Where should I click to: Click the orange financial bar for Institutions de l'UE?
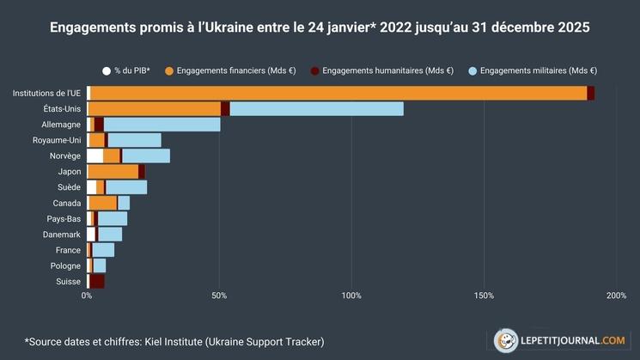tap(338, 93)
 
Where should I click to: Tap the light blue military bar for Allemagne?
tap(162, 125)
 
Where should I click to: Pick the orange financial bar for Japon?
tap(113, 172)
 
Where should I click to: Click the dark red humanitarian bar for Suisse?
tap(97, 281)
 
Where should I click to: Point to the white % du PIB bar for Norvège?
tap(94, 156)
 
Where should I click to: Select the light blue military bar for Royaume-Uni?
tap(134, 140)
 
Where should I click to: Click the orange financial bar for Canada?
tap(103, 203)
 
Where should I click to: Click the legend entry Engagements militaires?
tap(537, 70)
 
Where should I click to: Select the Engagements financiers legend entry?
tap(229, 70)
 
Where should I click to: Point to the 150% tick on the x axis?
tap(484, 296)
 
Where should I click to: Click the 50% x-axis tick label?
tap(219, 296)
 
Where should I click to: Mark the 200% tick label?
tap(616, 296)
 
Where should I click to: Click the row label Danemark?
tap(62, 235)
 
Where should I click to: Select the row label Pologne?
tap(64, 265)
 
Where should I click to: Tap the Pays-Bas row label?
tap(63, 219)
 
